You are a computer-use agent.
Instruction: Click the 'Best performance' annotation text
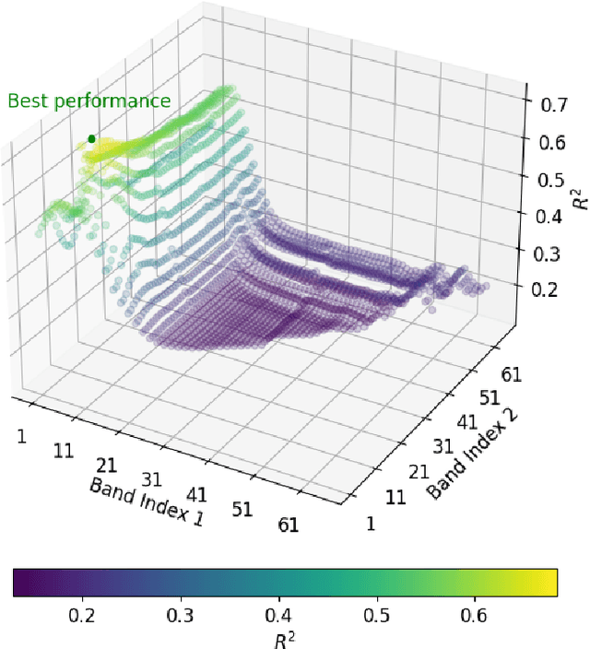[x=89, y=100]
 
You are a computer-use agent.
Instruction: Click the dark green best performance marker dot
[x=91, y=139]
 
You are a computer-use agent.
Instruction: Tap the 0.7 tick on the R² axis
[x=553, y=105]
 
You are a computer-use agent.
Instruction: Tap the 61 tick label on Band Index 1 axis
[x=288, y=525]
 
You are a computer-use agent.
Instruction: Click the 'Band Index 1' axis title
[x=146, y=502]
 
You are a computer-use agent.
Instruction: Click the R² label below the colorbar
[x=286, y=637]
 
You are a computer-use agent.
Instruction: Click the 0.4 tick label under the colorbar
[x=277, y=613]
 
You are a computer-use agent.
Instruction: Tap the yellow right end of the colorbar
[x=551, y=583]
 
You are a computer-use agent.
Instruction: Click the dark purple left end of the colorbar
[x=20, y=583]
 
